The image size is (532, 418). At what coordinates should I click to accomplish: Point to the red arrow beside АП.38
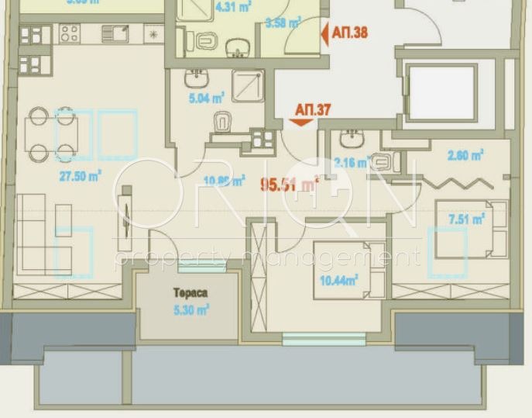click(324, 34)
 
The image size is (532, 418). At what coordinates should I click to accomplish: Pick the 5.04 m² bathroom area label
click(207, 98)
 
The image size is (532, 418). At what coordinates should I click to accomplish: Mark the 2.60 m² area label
click(466, 154)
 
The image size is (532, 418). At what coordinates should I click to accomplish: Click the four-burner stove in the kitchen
click(69, 34)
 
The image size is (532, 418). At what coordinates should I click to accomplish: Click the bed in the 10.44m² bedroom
click(349, 268)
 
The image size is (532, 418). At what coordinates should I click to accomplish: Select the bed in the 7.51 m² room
click(471, 230)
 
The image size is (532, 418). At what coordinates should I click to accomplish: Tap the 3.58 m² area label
click(283, 22)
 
